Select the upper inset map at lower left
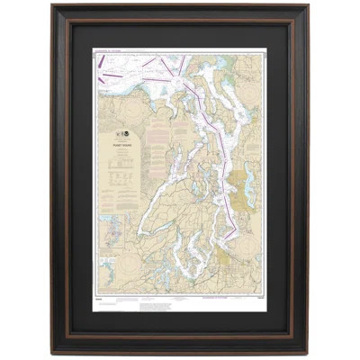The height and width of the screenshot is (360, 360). coord(113,229)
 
